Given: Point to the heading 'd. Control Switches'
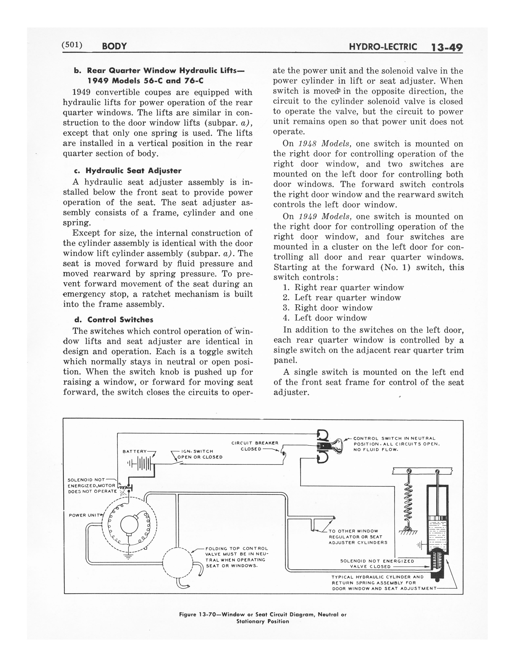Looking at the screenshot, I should pyautogui.click(x=114, y=320).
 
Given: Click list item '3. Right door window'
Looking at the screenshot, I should pyautogui.click(x=328, y=308).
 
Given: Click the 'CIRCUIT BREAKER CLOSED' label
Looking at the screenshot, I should pyautogui.click(x=255, y=446).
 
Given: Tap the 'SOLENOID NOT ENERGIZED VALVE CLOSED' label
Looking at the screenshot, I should pyautogui.click(x=377, y=564).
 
